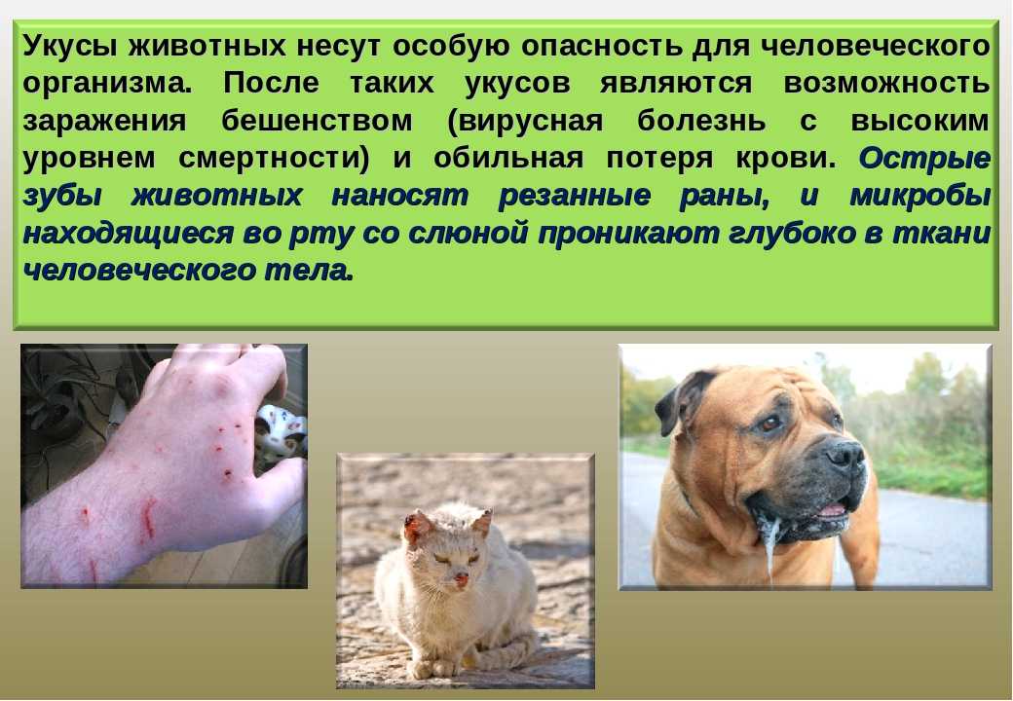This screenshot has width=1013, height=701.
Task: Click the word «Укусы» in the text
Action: tap(70, 47)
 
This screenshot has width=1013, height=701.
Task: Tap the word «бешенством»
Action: tap(317, 121)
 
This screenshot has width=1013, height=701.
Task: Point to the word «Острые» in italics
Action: tap(924, 158)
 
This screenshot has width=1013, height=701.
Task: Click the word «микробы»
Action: tap(919, 197)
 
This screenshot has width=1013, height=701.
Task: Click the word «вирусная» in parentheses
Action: tap(526, 122)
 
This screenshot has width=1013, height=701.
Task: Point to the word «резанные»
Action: tap(575, 197)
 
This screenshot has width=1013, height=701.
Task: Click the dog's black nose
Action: tap(845, 453)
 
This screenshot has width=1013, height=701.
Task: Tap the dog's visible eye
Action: tap(770, 423)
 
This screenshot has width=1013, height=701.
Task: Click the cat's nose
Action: tap(462, 576)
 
